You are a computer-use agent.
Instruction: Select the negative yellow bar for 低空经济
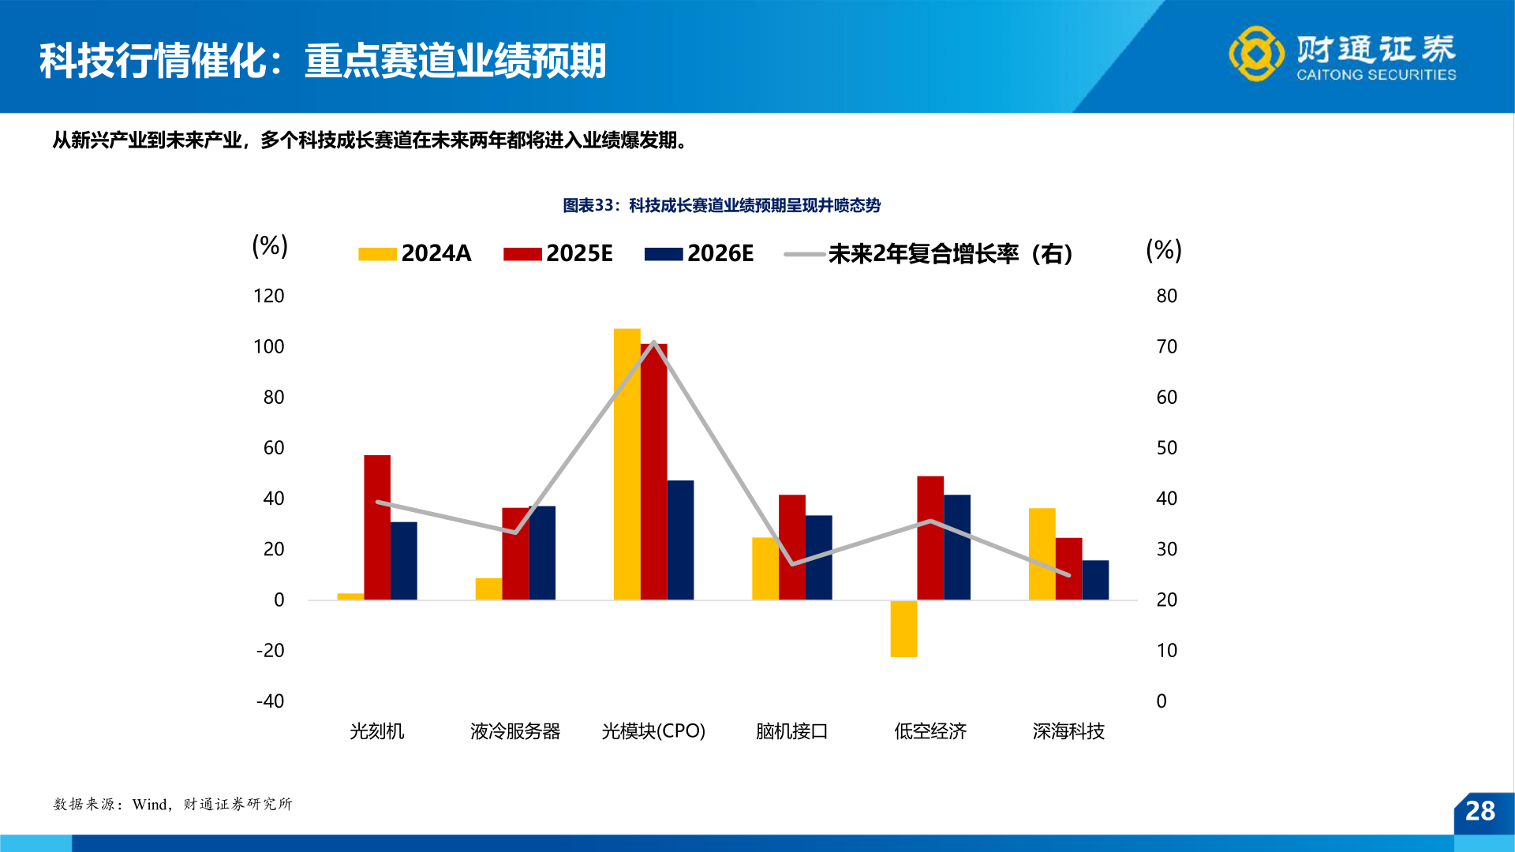point(903,629)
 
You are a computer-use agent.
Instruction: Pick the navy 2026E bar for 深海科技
point(1095,580)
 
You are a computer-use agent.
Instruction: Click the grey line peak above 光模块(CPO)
point(654,343)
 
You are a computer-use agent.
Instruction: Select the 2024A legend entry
point(415,253)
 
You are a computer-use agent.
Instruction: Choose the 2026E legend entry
point(699,253)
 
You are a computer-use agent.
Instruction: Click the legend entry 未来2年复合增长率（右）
point(930,254)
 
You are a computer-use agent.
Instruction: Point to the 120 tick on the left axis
point(268,296)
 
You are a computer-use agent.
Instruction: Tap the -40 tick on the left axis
point(270,701)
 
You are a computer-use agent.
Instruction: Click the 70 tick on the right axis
point(1166,346)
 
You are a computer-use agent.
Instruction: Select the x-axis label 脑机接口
point(791,731)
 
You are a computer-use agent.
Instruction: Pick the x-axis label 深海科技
point(1068,731)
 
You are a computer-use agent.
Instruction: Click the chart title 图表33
point(721,205)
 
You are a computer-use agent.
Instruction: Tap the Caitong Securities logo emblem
point(1255,54)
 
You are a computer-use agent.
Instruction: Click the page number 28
point(1479,811)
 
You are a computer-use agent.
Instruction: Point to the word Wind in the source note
point(150,804)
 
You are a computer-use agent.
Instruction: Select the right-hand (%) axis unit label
point(1163,250)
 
